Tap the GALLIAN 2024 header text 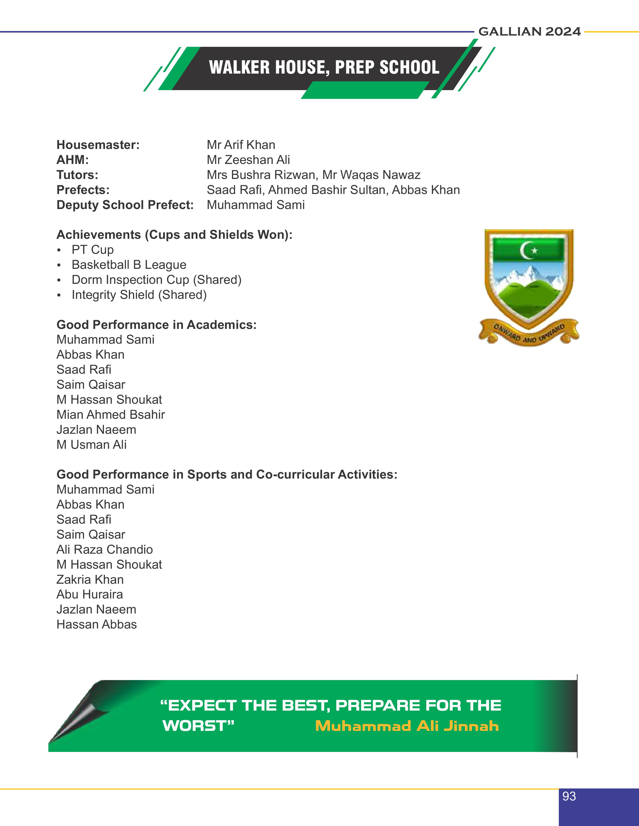click(x=529, y=32)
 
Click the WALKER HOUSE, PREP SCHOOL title click(x=324, y=68)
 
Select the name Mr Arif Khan click(x=241, y=145)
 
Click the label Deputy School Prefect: click(x=125, y=205)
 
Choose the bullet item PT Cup click(x=92, y=250)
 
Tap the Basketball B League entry click(x=129, y=265)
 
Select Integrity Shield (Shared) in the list click(x=139, y=295)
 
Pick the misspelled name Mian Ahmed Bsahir click(x=111, y=415)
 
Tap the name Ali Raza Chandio click(x=104, y=549)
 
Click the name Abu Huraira click(x=90, y=594)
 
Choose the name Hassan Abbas click(x=96, y=625)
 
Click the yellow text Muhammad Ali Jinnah click(x=407, y=727)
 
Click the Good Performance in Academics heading click(x=156, y=325)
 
